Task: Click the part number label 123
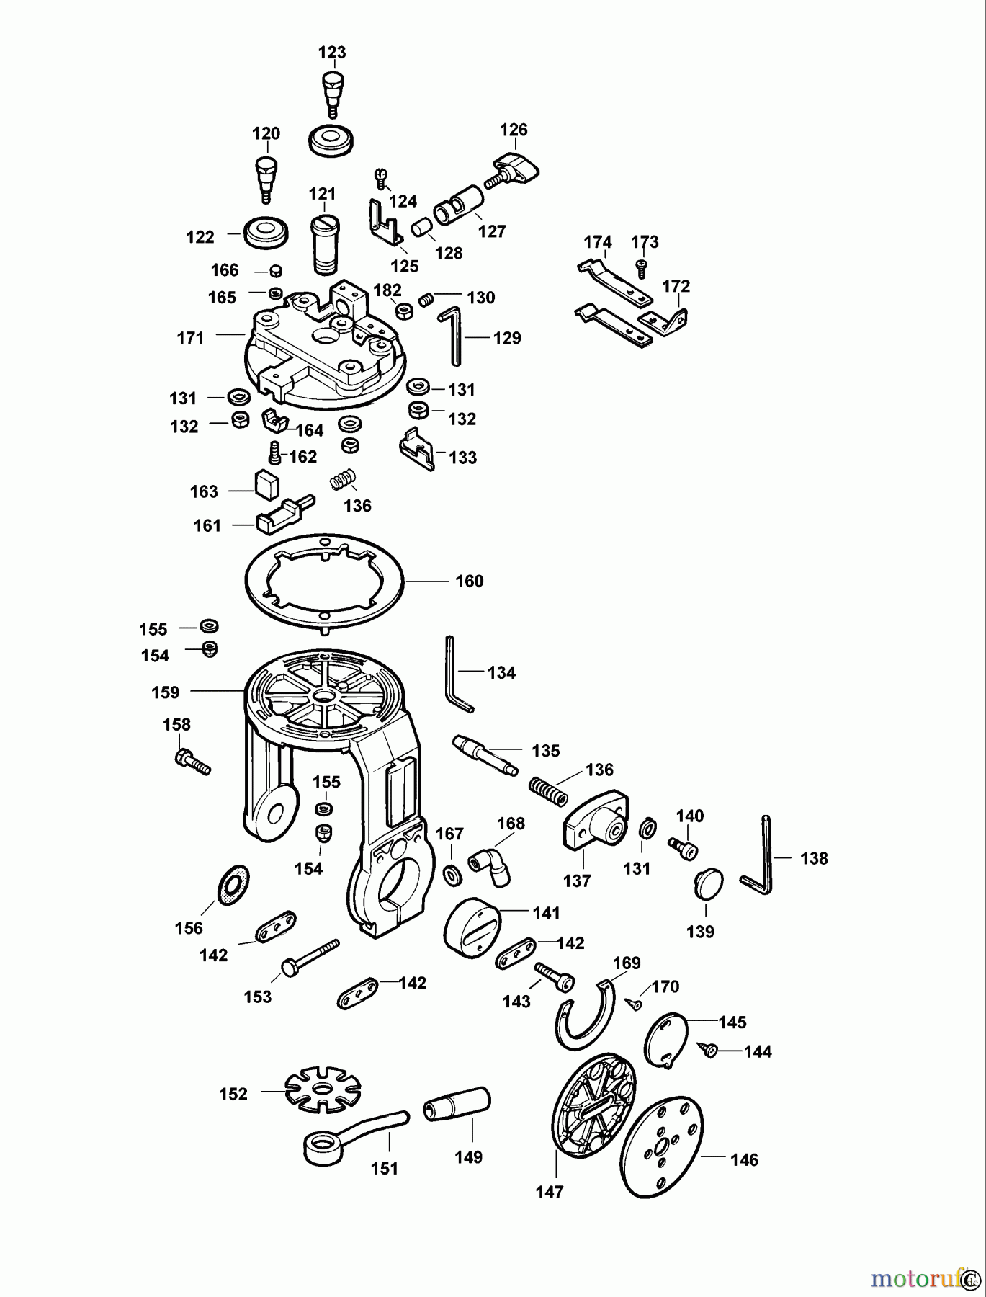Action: pos(332,53)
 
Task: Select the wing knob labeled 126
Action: pos(517,169)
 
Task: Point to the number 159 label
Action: pos(165,692)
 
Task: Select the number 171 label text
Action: pos(190,337)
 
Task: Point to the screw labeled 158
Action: pos(192,762)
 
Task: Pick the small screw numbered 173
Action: pos(641,269)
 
